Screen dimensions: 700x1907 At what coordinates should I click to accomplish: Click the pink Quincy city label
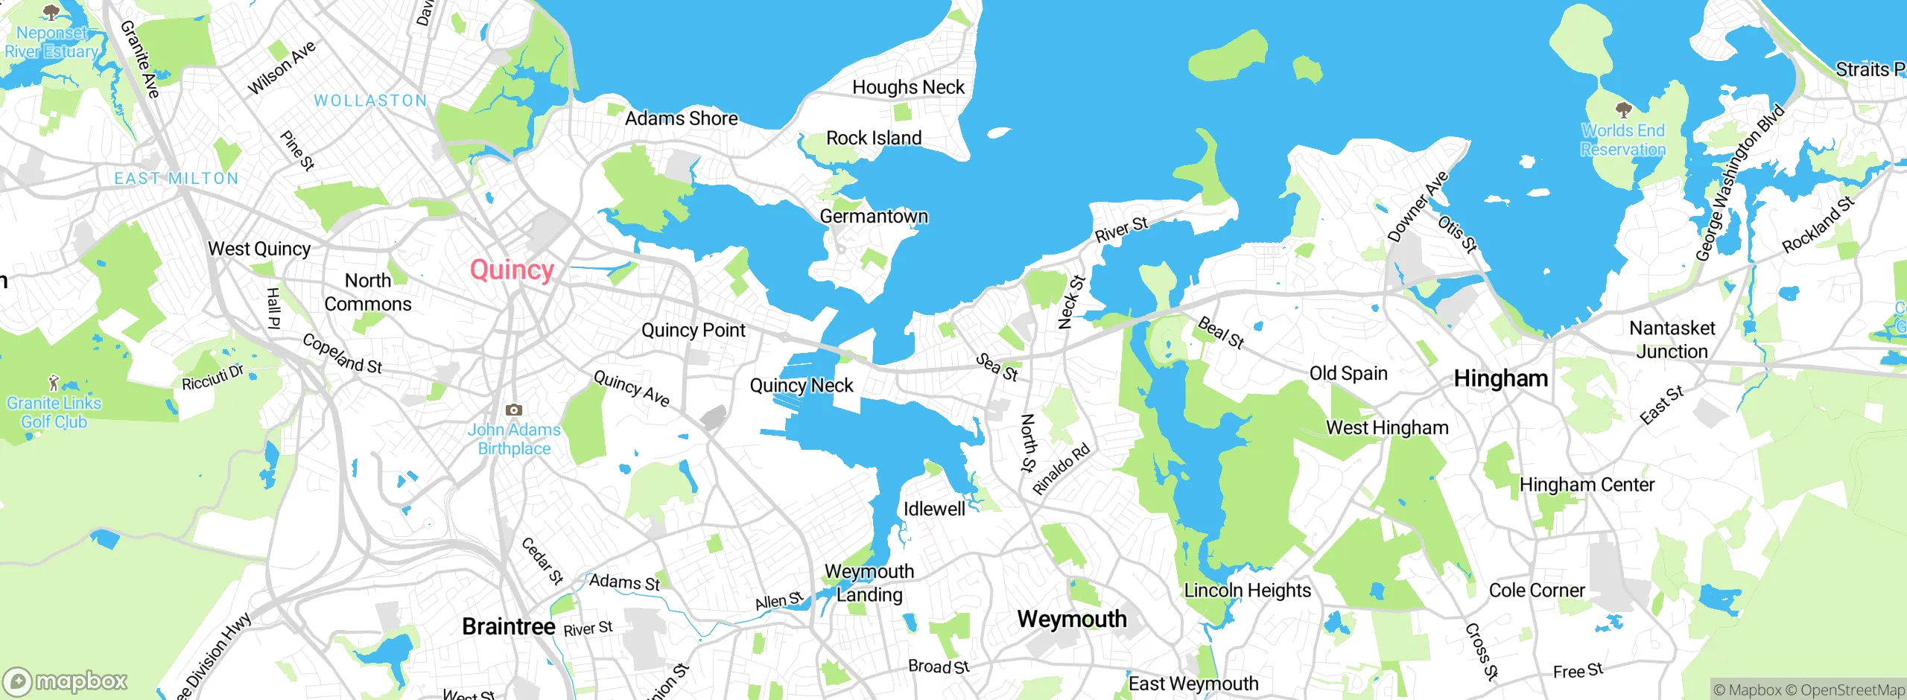pyautogui.click(x=512, y=270)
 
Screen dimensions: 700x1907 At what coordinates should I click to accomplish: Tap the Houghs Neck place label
pyautogui.click(x=908, y=88)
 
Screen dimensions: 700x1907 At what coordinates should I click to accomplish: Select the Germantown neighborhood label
pyautogui.click(x=874, y=217)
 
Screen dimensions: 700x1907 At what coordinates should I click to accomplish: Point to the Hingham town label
pyautogui.click(x=1501, y=378)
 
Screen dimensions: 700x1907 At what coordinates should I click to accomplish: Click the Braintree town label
pyautogui.click(x=509, y=627)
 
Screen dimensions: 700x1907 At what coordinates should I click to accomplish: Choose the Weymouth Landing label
pyautogui.click(x=869, y=583)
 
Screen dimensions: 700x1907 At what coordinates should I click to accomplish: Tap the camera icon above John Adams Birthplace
pyautogui.click(x=514, y=410)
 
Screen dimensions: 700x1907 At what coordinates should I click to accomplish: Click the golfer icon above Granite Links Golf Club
pyautogui.click(x=53, y=384)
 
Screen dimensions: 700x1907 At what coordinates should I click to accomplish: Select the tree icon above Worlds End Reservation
pyautogui.click(x=1624, y=111)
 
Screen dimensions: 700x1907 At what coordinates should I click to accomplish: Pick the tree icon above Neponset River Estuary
pyautogui.click(x=51, y=13)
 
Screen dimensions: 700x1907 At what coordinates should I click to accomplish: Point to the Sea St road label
pyautogui.click(x=997, y=367)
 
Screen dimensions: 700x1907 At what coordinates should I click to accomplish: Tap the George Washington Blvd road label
pyautogui.click(x=1740, y=183)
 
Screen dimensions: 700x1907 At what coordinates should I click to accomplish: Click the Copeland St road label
pyautogui.click(x=342, y=354)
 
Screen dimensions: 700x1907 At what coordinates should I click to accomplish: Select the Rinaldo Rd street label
pyautogui.click(x=1062, y=469)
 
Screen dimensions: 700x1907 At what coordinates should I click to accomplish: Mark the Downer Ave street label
pyautogui.click(x=1418, y=206)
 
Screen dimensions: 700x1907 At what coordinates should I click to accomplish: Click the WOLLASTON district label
pyautogui.click(x=370, y=101)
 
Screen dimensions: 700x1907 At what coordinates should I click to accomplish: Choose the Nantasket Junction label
pyautogui.click(x=1672, y=340)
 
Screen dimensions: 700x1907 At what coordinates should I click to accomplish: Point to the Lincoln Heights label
pyautogui.click(x=1248, y=591)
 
